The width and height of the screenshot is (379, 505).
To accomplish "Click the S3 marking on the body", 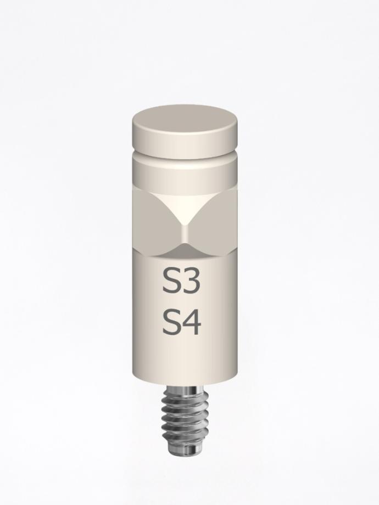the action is coord(181,282).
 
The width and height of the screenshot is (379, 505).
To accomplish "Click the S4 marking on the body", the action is coord(181,323).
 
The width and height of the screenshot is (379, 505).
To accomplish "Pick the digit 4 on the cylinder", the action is coord(192,323).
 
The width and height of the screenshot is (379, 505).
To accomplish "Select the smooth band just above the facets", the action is coord(185,176).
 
